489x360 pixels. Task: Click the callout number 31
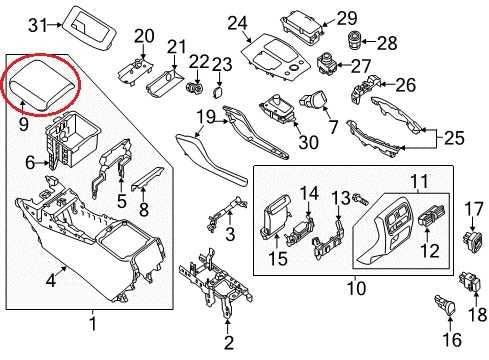pos(37,24)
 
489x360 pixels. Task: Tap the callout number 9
pos(23,125)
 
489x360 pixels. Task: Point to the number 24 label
pos(236,21)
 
